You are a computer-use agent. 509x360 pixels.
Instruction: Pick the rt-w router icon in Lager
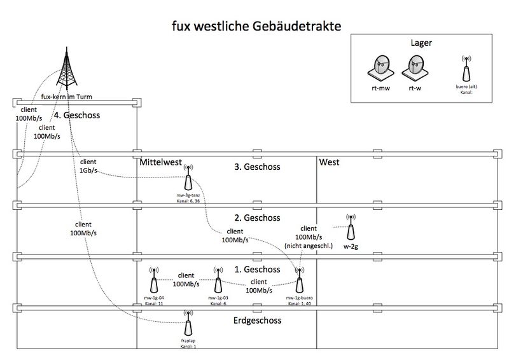click(415, 66)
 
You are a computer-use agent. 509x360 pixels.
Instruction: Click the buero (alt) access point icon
click(467, 67)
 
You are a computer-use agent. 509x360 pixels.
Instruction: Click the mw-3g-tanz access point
click(188, 177)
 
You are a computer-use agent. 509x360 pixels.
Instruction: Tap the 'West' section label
click(330, 162)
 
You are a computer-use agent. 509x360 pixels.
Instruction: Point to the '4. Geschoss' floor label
click(77, 115)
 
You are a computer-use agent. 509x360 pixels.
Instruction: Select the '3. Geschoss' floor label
click(257, 167)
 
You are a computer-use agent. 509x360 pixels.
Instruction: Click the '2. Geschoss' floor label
click(257, 218)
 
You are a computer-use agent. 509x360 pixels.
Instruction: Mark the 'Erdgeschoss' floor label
click(257, 320)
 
